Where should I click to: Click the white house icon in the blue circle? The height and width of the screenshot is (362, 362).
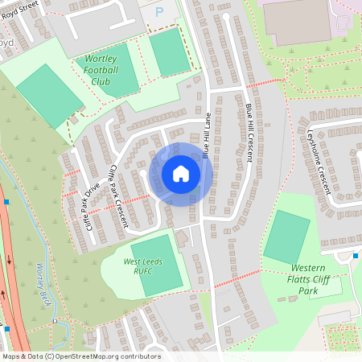(181, 174)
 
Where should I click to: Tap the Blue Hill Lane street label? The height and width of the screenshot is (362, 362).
(207, 134)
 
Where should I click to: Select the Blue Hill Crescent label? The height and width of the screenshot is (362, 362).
(249, 133)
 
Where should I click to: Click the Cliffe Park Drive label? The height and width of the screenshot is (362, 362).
(92, 205)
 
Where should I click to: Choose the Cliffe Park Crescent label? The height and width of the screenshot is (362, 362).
(118, 195)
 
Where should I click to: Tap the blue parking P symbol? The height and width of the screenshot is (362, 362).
(158, 12)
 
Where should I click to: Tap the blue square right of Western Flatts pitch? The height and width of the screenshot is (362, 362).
(356, 256)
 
